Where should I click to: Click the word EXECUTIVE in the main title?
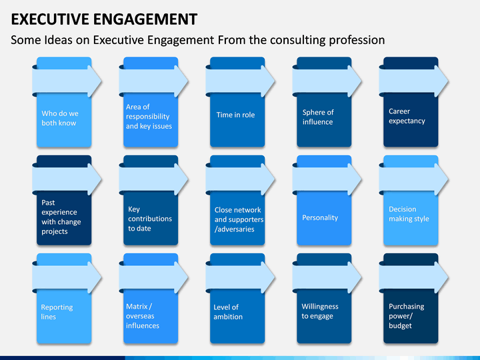tap(50, 19)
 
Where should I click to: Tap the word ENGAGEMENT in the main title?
tap(145, 19)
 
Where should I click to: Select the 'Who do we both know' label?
tap(60, 118)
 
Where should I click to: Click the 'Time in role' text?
tap(235, 115)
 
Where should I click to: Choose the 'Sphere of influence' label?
tap(318, 117)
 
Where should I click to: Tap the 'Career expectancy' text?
tap(407, 116)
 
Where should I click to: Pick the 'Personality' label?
tap(320, 217)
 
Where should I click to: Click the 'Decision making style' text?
tap(409, 214)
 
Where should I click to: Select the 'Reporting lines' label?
tap(57, 311)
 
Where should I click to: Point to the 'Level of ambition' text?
tap(228, 311)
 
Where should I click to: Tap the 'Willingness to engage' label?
tap(320, 311)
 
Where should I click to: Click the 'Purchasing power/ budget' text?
tap(406, 316)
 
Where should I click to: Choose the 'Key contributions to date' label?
tap(150, 219)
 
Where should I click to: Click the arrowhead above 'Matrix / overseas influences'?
tap(181, 277)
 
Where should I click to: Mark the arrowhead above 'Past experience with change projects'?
tap(95, 180)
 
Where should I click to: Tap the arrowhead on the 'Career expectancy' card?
tap(441, 81)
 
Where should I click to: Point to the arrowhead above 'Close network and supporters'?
tap(268, 180)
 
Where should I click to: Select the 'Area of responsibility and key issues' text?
tap(149, 116)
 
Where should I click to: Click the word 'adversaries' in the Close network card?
tap(235, 229)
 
